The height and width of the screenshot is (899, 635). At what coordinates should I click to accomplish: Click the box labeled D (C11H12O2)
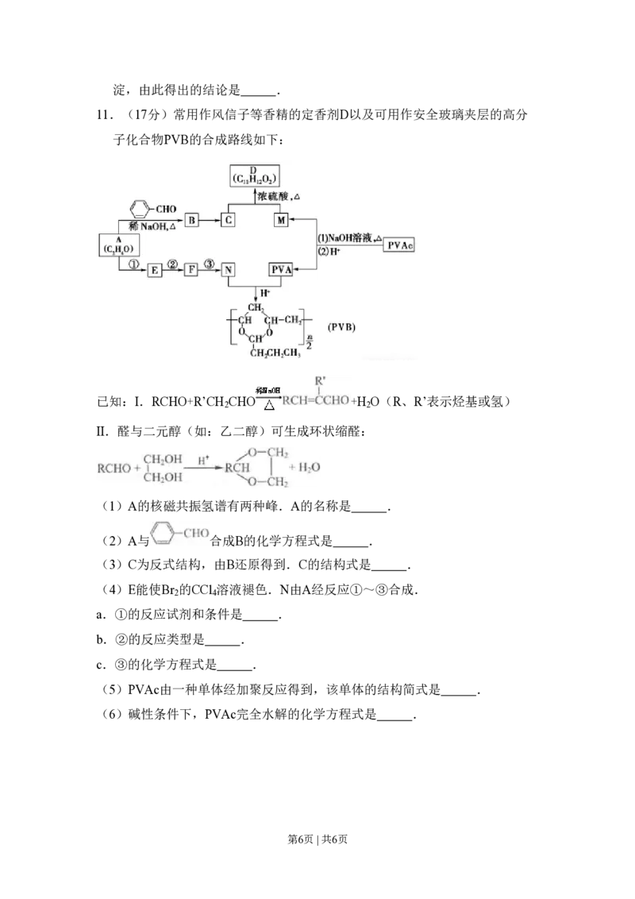[x=253, y=176]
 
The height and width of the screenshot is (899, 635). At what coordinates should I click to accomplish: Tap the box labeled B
[x=191, y=220]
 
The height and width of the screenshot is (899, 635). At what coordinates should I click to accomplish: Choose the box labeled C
[x=229, y=220]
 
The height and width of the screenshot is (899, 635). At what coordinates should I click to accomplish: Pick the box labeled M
[x=281, y=220]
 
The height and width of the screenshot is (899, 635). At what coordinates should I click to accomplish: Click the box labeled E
[x=154, y=271]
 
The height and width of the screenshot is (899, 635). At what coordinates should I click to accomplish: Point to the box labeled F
[x=191, y=271]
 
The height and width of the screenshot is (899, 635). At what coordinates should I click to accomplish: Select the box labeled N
[x=229, y=271]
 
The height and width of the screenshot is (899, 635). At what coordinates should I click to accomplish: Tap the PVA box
[x=281, y=271]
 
